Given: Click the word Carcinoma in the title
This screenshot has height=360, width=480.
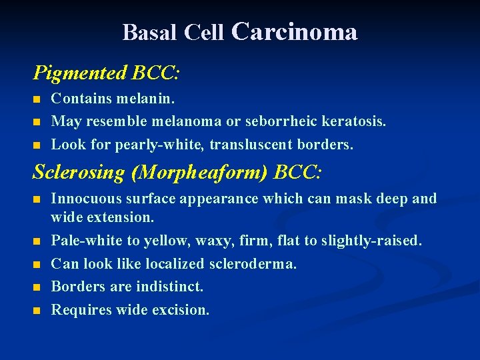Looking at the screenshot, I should pos(294,31).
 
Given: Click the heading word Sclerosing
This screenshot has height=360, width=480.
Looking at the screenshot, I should pos(79,173).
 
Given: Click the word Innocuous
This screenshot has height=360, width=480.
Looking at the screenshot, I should pos(82,199).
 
